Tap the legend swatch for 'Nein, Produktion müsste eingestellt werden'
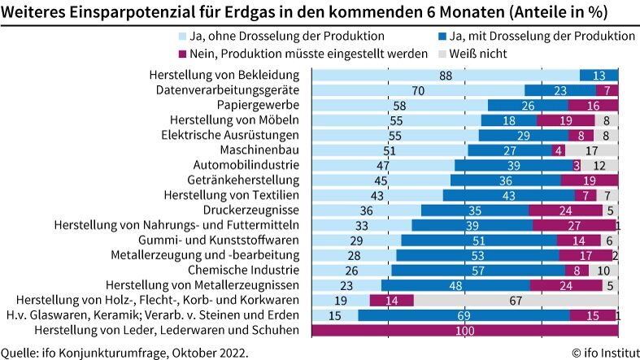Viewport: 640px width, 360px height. point(183,54)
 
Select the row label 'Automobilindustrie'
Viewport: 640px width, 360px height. point(251,165)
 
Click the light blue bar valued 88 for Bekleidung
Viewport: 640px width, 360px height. point(445,76)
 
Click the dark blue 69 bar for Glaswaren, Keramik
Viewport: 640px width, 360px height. point(464,315)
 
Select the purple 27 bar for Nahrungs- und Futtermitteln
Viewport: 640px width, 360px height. point(573,225)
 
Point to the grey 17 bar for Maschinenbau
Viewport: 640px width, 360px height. point(592,150)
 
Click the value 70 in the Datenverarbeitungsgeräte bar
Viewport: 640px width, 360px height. point(418,90)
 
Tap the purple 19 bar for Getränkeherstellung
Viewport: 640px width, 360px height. point(590,180)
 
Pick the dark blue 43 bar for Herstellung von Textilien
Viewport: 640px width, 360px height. point(508,195)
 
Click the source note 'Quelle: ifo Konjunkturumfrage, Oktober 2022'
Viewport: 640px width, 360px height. point(124,353)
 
